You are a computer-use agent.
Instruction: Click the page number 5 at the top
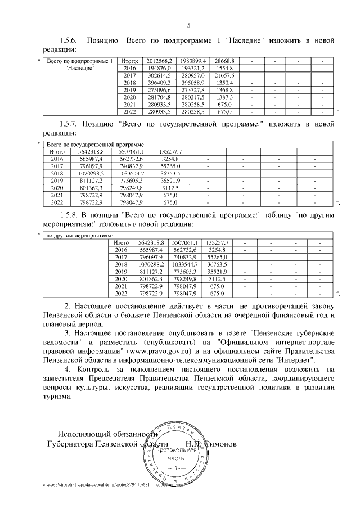pos(188,25)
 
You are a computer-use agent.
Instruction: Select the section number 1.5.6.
pos(70,41)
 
